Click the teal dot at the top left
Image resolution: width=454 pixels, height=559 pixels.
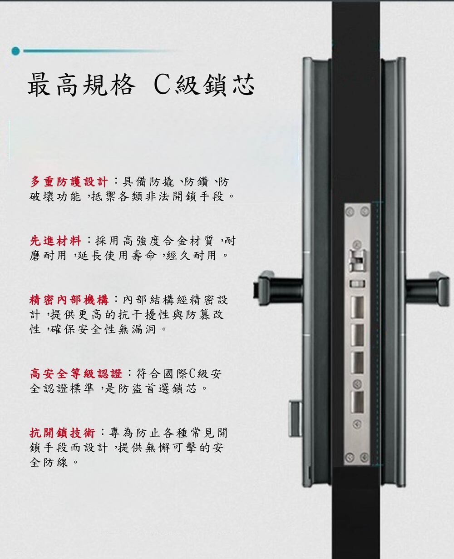pyautogui.click(x=16, y=51)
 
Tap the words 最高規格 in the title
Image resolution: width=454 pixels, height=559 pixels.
pyautogui.click(x=81, y=85)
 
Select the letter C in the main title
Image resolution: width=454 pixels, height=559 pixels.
pyautogui.click(x=163, y=85)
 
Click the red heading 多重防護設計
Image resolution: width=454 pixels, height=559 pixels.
pyautogui.click(x=69, y=181)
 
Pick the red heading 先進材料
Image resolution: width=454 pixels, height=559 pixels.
pyautogui.click(x=55, y=241)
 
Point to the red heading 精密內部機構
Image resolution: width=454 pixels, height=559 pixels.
pyautogui.click(x=69, y=300)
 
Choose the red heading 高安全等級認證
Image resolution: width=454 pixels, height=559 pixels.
pyautogui.click(x=76, y=374)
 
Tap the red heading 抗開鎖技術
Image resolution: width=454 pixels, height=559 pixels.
pyautogui.click(x=62, y=433)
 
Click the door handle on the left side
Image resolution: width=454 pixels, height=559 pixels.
pyautogui.click(x=278, y=288)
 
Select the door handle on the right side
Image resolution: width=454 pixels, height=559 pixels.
pyautogui.click(x=427, y=289)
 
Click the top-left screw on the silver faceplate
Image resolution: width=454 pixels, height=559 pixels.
pyautogui.click(x=350, y=212)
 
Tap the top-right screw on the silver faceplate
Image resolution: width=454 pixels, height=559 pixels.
pyautogui.click(x=365, y=212)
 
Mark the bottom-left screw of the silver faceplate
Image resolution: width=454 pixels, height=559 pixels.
pyautogui.click(x=350, y=457)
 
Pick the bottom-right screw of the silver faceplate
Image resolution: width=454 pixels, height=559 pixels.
pyautogui.click(x=365, y=457)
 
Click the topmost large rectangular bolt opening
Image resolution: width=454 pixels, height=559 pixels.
pyautogui.click(x=357, y=307)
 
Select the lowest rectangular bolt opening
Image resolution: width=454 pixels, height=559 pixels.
pyautogui.click(x=357, y=403)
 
